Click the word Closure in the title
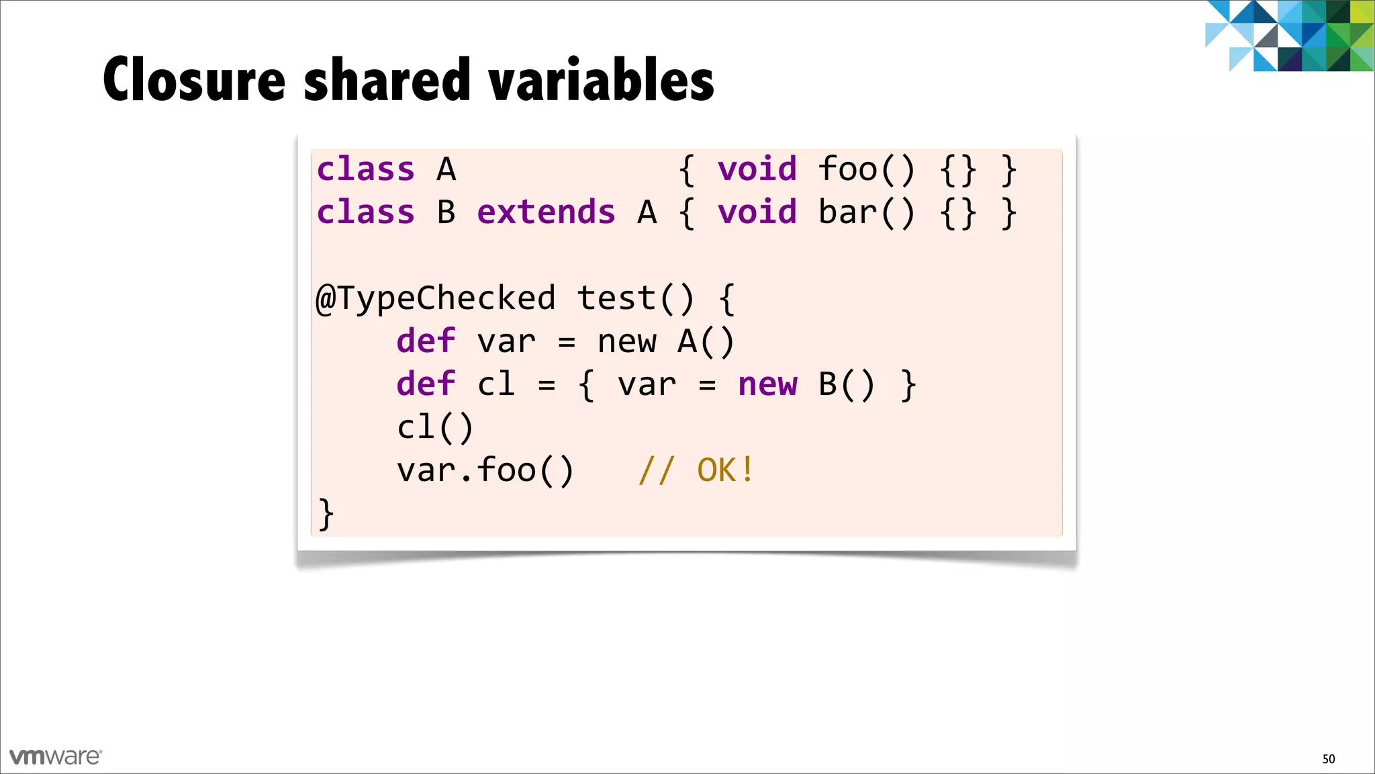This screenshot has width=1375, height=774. coord(195,80)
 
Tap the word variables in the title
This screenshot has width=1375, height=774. coord(602,80)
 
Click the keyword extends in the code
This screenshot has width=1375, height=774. coord(546,212)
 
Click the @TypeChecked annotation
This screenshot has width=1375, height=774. coord(436,298)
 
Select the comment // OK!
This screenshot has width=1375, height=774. coord(696,470)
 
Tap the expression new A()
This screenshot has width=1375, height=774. coord(666,341)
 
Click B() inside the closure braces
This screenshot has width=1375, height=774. coord(847,384)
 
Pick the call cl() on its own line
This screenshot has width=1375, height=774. coord(435,427)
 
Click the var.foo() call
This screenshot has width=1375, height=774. coord(485,470)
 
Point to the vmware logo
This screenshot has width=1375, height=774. coord(56,757)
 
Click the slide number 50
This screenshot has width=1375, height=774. coord(1328,759)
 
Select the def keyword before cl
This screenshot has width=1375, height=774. coord(426,384)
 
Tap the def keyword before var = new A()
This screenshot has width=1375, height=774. coord(426,341)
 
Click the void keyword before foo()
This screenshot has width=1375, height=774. coord(757,169)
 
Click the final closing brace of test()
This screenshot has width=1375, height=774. coord(326,514)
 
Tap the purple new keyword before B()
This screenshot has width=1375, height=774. coord(767,384)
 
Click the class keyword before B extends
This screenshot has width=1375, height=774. coord(365,212)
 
